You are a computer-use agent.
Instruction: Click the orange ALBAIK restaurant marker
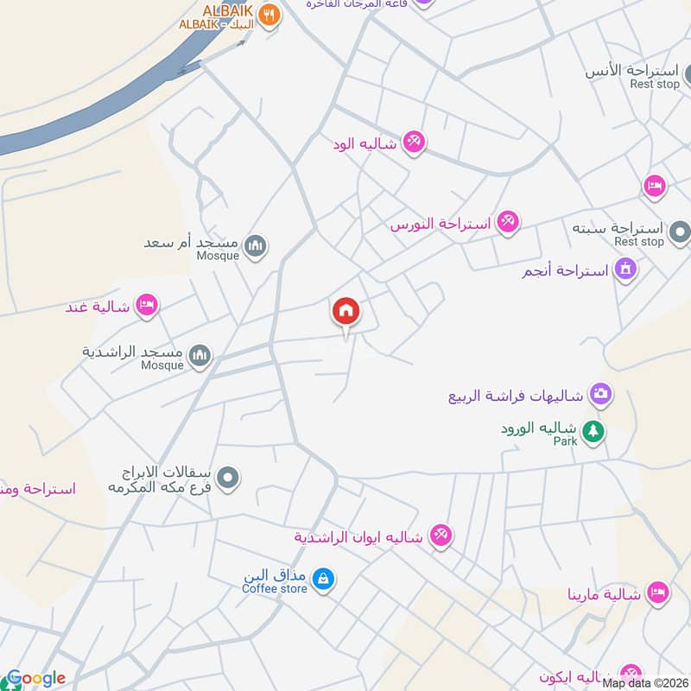point(269,15)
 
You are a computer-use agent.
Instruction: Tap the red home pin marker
point(345,311)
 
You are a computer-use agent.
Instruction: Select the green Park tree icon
point(593,430)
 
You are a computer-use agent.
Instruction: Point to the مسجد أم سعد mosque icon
point(255,248)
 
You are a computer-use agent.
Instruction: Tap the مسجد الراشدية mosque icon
point(200,356)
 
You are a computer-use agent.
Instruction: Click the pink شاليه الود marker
point(414,142)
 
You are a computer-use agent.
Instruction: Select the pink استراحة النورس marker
point(508,223)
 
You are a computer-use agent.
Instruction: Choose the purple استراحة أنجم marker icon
point(626,269)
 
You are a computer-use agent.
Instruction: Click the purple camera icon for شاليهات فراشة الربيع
point(601,396)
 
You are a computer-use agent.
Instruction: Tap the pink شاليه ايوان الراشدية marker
point(441,536)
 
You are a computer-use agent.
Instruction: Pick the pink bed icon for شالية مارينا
point(657,593)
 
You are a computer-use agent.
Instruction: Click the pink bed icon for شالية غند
point(148,305)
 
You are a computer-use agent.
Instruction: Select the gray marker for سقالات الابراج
point(228,477)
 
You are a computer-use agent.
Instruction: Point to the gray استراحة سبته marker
point(681,231)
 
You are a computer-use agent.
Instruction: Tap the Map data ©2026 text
point(645,683)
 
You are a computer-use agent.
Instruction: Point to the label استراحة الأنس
point(637,69)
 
